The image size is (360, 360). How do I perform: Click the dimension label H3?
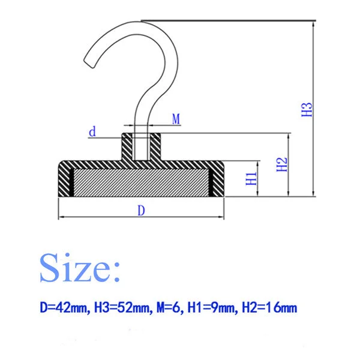(x=307, y=110)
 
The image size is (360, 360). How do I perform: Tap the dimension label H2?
(x=282, y=164)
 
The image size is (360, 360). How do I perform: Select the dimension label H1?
(x=251, y=178)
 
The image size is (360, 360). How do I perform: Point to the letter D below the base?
(x=142, y=211)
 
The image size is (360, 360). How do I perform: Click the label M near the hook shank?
(x=176, y=119)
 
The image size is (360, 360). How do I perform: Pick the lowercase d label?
(x=92, y=132)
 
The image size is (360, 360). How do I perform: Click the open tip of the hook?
(x=89, y=62)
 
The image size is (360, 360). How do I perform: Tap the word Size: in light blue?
(x=80, y=268)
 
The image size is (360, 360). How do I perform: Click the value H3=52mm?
(x=122, y=308)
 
